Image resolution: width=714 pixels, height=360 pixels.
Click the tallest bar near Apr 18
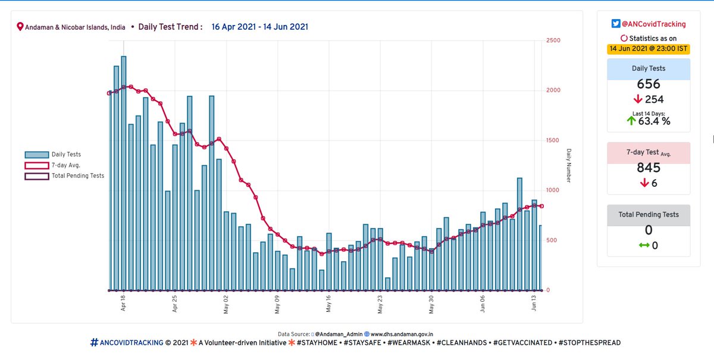[x=124, y=173]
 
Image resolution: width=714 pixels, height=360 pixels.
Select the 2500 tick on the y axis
[x=553, y=40]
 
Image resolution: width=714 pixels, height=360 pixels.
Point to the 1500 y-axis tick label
[x=553, y=140]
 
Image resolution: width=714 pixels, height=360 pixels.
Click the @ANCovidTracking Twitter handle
[x=653, y=24]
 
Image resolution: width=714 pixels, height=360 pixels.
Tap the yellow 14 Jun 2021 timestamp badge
[x=649, y=49]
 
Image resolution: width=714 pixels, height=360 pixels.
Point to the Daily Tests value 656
[x=649, y=84]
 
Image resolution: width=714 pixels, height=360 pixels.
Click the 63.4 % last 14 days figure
[x=653, y=121]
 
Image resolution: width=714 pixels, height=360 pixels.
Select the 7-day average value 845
[x=649, y=168]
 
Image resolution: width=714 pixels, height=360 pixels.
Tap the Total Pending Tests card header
[x=649, y=214]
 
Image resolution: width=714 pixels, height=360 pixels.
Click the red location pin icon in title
[x=20, y=27]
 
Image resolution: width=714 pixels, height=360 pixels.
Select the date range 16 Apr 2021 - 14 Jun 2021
[x=259, y=27]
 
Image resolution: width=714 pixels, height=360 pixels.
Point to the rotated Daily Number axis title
[x=569, y=165]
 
